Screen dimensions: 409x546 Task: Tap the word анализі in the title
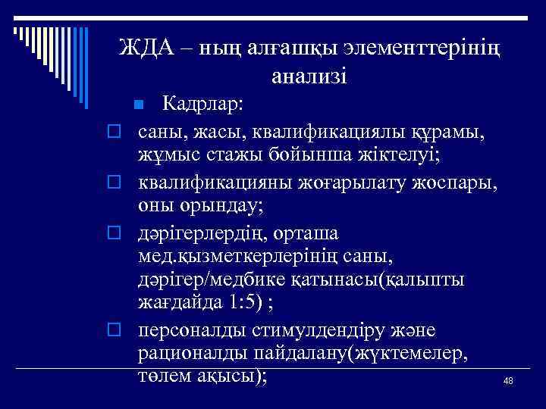tap(308, 76)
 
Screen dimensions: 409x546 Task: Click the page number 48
tap(507, 382)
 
